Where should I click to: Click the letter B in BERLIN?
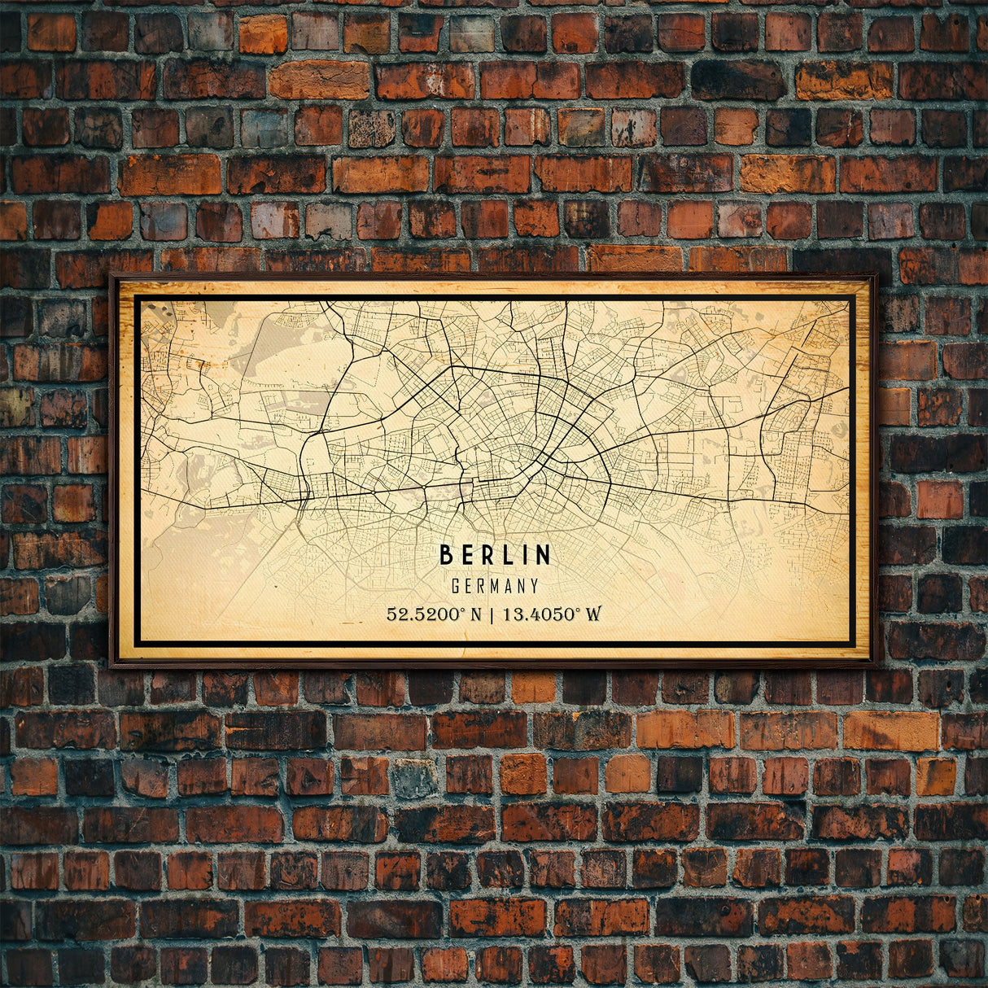[x=446, y=555]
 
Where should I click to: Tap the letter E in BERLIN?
[x=467, y=555]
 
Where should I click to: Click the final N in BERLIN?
[x=543, y=555]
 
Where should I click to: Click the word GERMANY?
[x=495, y=586]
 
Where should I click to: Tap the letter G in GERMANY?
[x=456, y=586]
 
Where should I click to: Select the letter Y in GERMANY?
[x=534, y=586]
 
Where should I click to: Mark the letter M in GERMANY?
[x=495, y=586]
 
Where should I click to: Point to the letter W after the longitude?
[x=593, y=614]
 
